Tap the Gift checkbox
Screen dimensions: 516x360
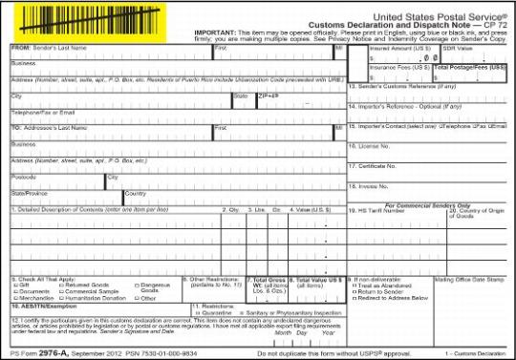[14, 285]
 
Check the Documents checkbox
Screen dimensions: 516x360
[14, 290]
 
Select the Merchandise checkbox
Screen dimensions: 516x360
[14, 297]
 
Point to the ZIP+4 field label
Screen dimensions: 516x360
[268, 95]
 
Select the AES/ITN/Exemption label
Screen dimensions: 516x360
[42, 305]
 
